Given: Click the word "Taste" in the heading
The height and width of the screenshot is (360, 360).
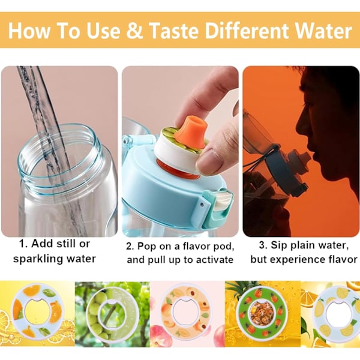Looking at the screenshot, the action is click(x=173, y=31).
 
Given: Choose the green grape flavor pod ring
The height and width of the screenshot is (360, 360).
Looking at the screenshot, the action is click(x=110, y=314).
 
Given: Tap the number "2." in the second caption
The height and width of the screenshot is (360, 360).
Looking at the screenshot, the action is click(x=130, y=247).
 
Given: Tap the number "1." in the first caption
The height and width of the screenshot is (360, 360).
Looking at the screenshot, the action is click(x=23, y=244).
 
